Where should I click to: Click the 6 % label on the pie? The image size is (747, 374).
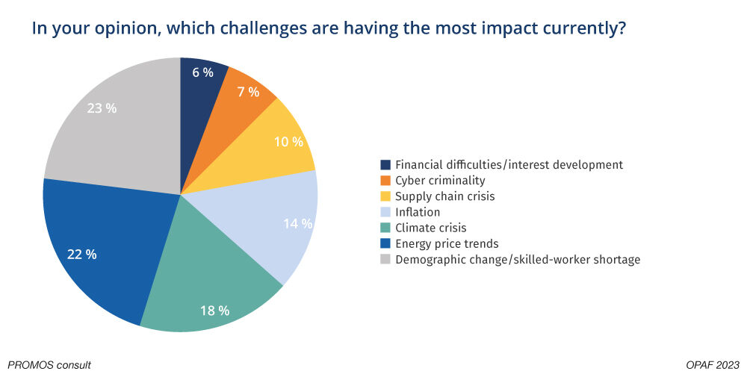[202, 72]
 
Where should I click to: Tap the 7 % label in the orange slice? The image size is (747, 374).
[248, 92]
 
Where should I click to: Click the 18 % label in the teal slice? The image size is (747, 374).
[214, 309]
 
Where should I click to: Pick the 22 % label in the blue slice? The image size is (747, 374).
[81, 254]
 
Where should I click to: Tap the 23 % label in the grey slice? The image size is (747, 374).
[101, 108]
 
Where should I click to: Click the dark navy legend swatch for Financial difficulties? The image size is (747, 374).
[385, 164]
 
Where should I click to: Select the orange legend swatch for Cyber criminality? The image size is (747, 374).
[385, 180]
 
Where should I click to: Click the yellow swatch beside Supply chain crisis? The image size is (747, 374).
[385, 196]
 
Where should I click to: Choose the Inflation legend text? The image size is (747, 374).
[418, 212]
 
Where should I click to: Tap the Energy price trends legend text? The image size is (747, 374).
[447, 243]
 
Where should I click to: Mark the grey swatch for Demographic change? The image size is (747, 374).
[385, 260]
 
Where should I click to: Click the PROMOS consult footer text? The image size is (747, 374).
[46, 365]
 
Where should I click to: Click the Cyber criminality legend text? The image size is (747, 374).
[440, 180]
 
